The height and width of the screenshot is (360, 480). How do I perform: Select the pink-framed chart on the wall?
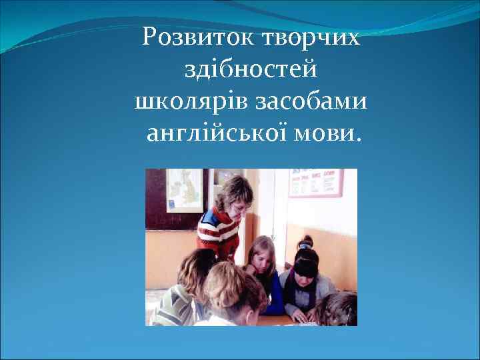[x=315, y=183]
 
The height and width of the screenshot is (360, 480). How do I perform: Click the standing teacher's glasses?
[x=241, y=206]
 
